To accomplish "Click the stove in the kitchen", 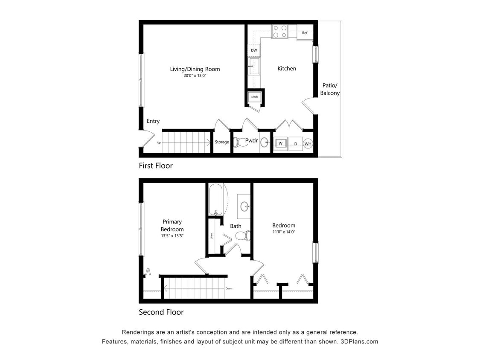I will coord(279,32).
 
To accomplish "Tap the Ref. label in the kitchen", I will coord(305,33).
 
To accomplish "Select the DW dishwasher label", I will coord(254,50).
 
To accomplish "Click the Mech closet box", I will coord(255,97).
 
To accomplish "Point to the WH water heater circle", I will coord(308,144).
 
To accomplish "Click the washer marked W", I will coord(281,143).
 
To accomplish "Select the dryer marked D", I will coord(295,144).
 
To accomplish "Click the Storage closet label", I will coord(222,142).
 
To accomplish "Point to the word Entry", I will coord(153,121).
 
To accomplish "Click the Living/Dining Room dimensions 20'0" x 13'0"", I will coord(195,75).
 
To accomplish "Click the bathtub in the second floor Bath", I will coord(215,199).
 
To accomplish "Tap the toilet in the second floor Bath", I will coord(243,235).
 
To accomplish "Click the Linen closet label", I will coord(211,236).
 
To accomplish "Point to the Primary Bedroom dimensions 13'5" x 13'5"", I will coord(172,235).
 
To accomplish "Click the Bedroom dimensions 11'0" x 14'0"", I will coord(284,232).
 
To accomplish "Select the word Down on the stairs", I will coord(229,288).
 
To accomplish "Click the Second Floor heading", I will coord(161,312).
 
